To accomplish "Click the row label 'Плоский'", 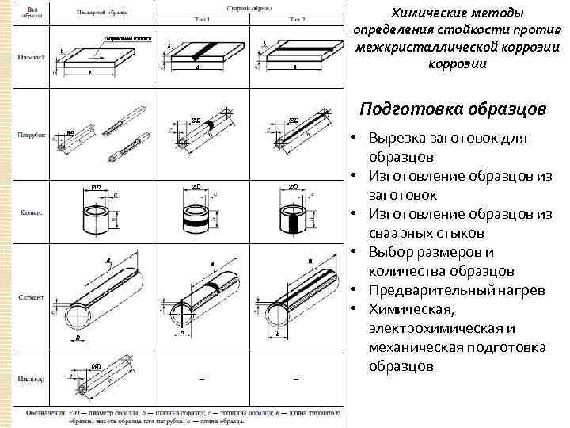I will click(x=32, y=57).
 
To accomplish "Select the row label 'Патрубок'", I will click(x=31, y=136).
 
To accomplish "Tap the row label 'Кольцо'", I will click(x=32, y=212).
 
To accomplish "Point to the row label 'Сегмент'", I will click(x=32, y=296).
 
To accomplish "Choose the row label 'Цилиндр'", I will click(x=32, y=379).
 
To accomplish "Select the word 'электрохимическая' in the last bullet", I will click(x=433, y=327).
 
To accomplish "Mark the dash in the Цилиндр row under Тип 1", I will click(x=202, y=380).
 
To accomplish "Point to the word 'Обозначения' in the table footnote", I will click(x=46, y=412).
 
